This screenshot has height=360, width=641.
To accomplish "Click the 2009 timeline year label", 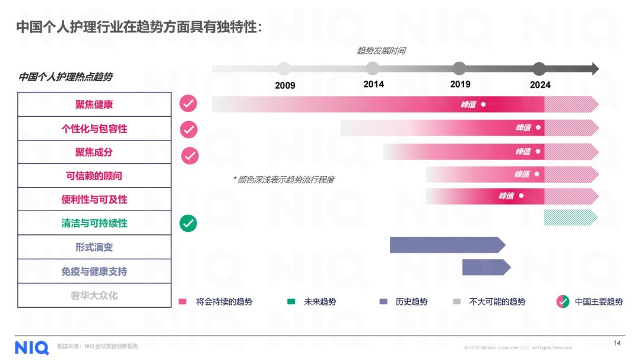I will tap(285, 85).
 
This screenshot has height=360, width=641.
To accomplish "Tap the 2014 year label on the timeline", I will tap(373, 84).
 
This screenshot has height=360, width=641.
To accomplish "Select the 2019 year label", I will tap(460, 84).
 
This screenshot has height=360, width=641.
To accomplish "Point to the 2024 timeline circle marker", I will tap(539, 69).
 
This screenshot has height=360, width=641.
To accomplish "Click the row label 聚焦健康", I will tap(94, 104).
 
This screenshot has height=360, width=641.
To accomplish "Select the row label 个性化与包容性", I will tap(94, 129).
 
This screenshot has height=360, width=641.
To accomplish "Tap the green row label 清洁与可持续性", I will tap(94, 224).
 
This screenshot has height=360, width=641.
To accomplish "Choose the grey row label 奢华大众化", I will tap(94, 295).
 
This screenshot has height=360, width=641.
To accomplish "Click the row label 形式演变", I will tap(94, 247).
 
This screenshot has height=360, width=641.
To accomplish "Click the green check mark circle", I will tap(188, 224).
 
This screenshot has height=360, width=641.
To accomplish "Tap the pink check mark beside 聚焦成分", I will tap(189, 155).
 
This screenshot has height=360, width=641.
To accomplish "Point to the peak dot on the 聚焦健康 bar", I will tap(483, 104).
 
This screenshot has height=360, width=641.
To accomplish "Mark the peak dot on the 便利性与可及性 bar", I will tap(521, 196).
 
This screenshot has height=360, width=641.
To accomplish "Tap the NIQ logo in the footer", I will tap(31, 347).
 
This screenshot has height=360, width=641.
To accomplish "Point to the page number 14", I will tap(617, 343).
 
